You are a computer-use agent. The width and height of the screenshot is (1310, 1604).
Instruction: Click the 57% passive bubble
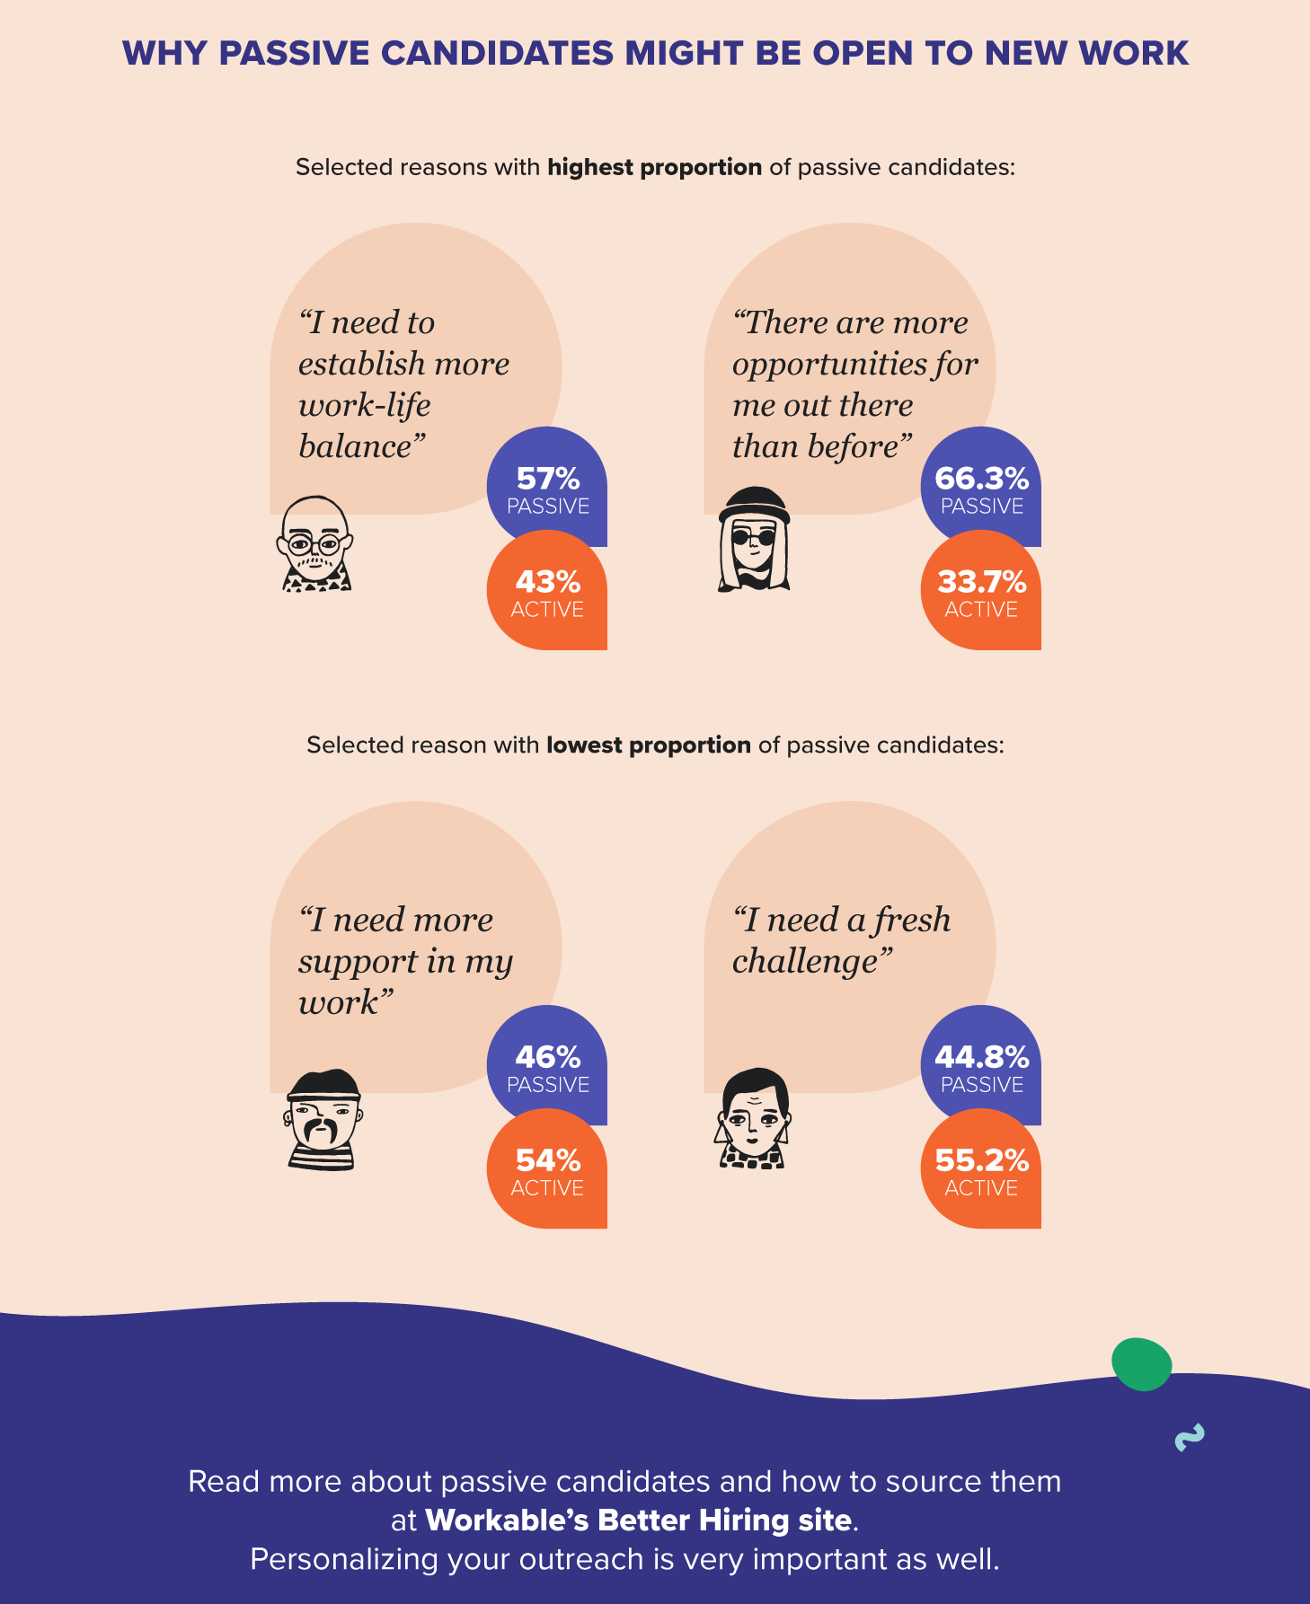pyautogui.click(x=547, y=488)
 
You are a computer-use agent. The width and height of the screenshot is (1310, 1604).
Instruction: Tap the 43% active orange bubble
pyautogui.click(x=547, y=591)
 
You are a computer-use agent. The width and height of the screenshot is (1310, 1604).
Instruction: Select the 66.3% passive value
pyautogui.click(x=981, y=479)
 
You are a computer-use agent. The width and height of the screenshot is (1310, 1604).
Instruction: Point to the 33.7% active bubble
pyautogui.click(x=981, y=591)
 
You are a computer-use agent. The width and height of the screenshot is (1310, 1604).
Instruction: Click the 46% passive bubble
pyautogui.click(x=547, y=1066)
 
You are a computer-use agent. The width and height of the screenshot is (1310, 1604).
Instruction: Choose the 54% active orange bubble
pyautogui.click(x=547, y=1169)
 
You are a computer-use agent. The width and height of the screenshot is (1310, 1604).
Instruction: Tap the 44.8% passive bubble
pyautogui.click(x=981, y=1066)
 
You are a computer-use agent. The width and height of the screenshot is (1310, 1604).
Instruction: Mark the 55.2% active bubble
pyautogui.click(x=981, y=1169)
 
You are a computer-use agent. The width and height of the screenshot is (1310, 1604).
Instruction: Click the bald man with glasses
pyautogui.click(x=314, y=544)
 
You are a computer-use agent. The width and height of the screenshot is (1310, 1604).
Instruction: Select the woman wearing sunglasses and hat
pyautogui.click(x=754, y=540)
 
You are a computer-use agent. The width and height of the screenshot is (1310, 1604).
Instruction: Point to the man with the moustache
pyautogui.click(x=323, y=1120)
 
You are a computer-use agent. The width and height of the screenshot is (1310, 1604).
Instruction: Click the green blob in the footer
pyautogui.click(x=1142, y=1364)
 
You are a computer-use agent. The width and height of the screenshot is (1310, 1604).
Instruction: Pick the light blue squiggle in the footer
pyautogui.click(x=1190, y=1438)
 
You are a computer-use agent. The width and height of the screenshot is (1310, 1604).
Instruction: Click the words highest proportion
pyautogui.click(x=654, y=168)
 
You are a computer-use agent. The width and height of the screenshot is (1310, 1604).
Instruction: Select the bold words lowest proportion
pyautogui.click(x=648, y=745)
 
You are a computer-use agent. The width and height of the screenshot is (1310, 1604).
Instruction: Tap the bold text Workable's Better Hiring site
pyautogui.click(x=638, y=1520)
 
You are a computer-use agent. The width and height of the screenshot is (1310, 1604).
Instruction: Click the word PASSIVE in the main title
pyautogui.click(x=294, y=53)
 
